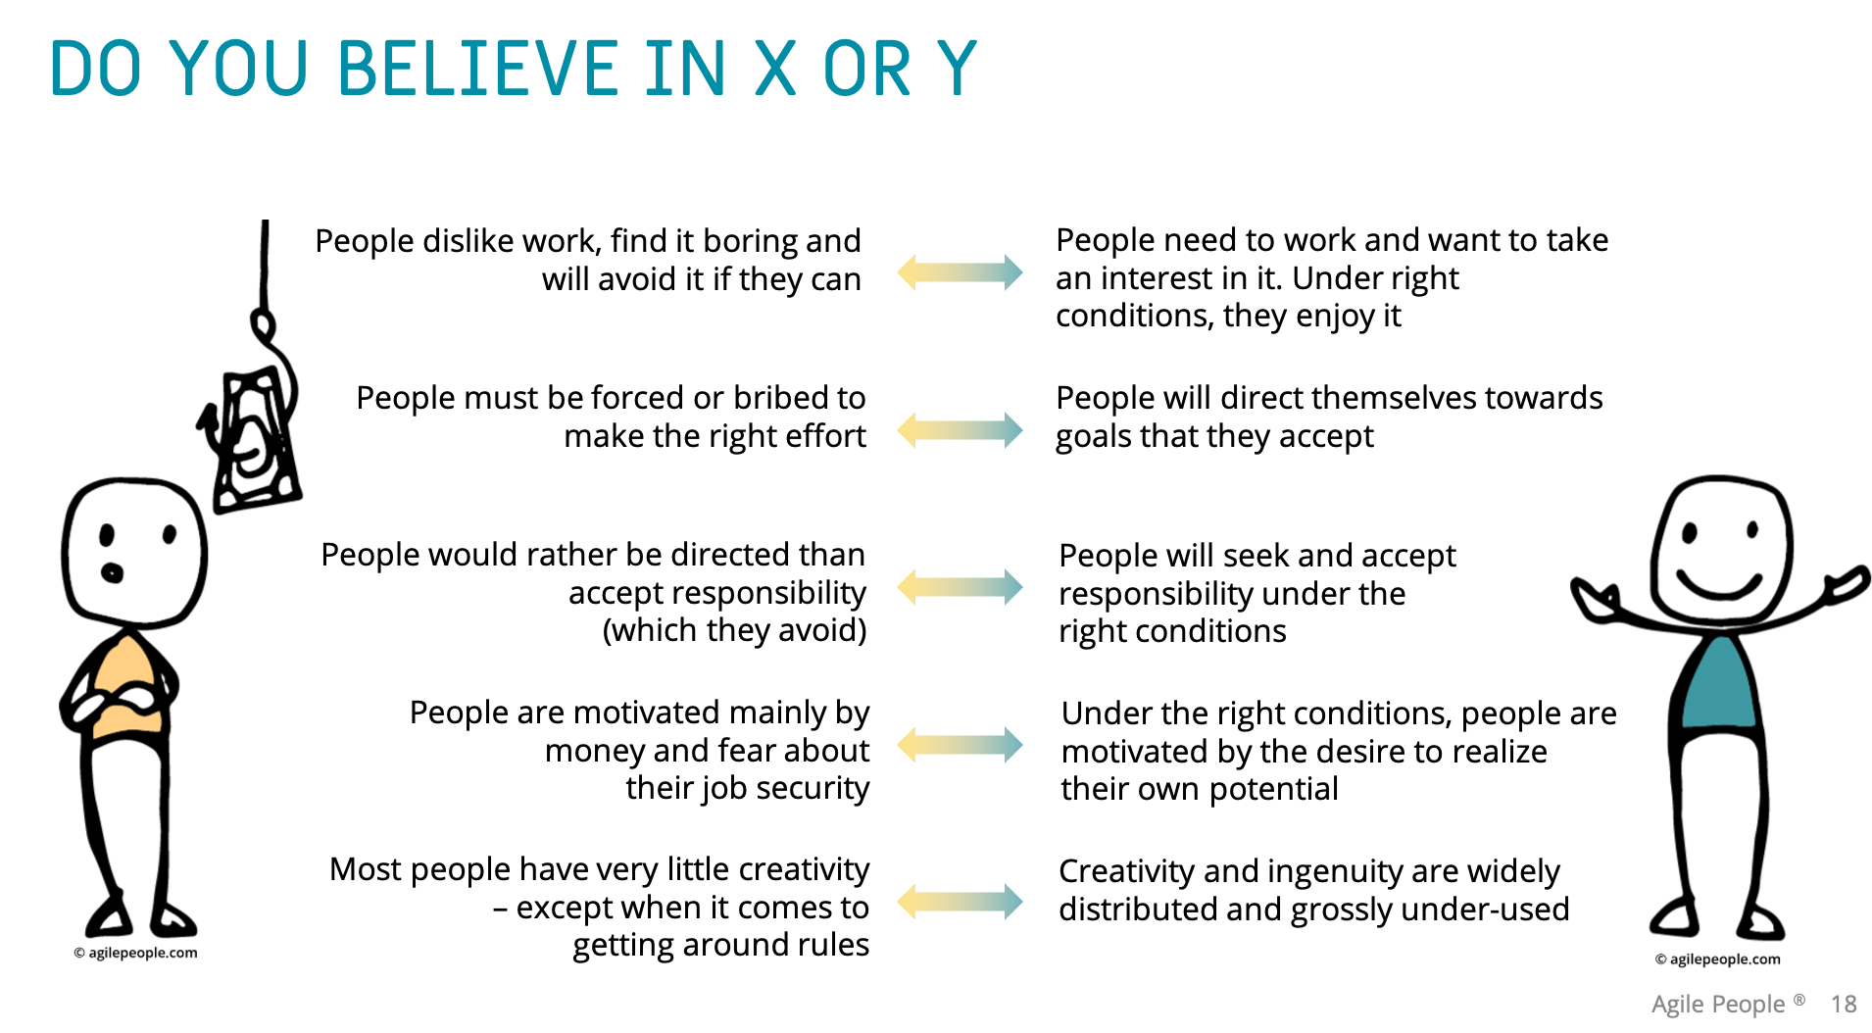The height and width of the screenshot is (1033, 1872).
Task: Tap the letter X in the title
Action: [774, 69]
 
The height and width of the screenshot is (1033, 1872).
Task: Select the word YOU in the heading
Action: [238, 69]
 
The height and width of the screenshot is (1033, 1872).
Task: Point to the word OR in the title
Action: [866, 69]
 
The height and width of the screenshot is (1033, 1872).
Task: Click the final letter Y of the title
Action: [957, 69]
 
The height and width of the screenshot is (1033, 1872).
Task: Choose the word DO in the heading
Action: [95, 69]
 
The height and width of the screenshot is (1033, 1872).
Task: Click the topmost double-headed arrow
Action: [960, 272]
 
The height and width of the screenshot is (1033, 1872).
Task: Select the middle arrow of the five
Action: [960, 587]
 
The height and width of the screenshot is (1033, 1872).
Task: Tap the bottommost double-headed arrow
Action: [960, 902]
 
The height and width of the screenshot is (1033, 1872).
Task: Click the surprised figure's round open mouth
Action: [113, 572]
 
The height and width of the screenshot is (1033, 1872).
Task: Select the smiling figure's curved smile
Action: [1719, 586]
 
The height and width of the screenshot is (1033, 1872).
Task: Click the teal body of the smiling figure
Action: [1718, 686]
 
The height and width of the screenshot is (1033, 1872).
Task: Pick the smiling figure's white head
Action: [1721, 519]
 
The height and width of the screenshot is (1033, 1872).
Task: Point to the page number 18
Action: [1844, 1004]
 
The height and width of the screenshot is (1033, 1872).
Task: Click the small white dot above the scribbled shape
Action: [263, 324]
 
